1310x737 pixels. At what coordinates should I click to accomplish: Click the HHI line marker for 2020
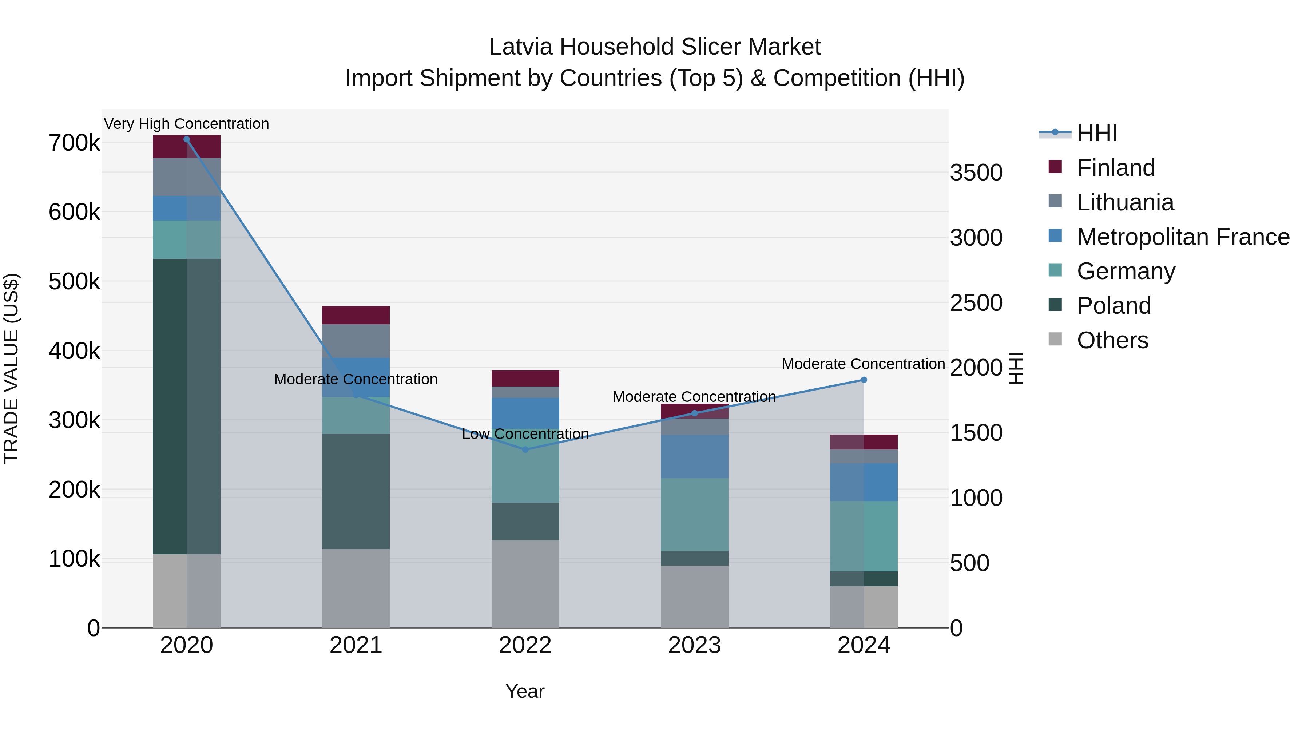[187, 139]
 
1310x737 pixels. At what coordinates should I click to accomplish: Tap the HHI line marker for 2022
[525, 449]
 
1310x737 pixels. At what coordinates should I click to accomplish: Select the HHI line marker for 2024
[864, 380]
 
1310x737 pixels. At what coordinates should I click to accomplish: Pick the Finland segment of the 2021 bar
[356, 315]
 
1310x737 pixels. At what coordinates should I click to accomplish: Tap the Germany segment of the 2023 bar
[694, 514]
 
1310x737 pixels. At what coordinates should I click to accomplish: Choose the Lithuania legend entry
[1125, 202]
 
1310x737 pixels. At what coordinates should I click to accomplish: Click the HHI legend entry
[1097, 133]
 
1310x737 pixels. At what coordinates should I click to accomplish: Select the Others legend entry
[1112, 340]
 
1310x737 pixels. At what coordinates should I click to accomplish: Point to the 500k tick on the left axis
[74, 281]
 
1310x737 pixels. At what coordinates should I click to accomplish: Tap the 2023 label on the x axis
[694, 645]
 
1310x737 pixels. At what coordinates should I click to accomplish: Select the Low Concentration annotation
[525, 434]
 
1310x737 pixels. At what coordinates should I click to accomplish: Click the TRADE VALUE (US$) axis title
[11, 368]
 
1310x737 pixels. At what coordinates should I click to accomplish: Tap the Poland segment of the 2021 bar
[356, 491]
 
